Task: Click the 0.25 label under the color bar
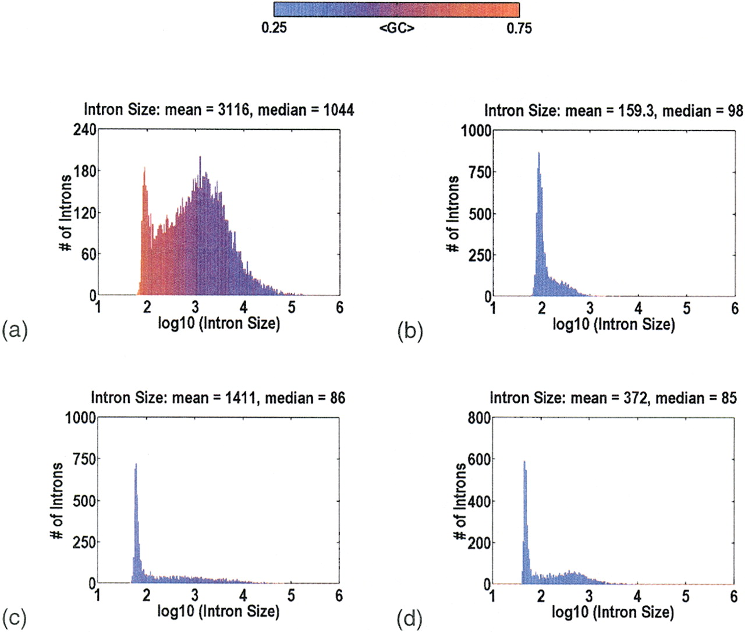(274, 27)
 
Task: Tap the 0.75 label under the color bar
(519, 27)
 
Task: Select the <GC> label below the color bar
(396, 27)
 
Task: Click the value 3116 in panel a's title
(233, 109)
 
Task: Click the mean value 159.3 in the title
(632, 111)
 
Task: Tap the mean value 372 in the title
(638, 398)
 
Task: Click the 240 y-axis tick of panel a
(84, 129)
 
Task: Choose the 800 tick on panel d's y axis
(480, 418)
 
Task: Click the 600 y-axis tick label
(480, 459)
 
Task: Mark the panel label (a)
(15, 330)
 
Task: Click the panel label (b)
(410, 331)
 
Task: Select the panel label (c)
(15, 617)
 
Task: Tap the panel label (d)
(410, 619)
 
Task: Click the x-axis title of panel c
(218, 611)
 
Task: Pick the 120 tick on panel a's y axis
(84, 213)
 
